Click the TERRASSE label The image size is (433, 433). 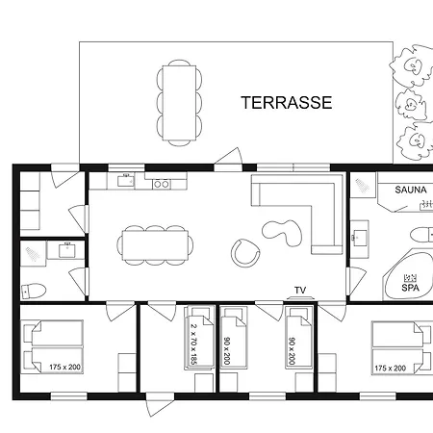tap(287, 103)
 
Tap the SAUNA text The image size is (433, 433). tap(411, 190)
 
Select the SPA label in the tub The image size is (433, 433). tap(410, 288)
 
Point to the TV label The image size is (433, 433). tap(300, 291)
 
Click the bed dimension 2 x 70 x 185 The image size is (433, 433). tap(193, 344)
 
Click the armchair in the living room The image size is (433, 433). tap(245, 253)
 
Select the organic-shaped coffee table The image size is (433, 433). tap(282, 233)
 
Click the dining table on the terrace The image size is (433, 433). tap(179, 103)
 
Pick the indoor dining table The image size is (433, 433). tap(155, 245)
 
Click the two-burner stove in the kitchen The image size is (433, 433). tap(162, 184)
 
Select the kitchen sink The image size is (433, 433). tap(126, 181)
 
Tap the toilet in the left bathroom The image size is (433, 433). tap(34, 291)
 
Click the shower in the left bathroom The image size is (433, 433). tap(33, 254)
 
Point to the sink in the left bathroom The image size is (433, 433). tap(67, 250)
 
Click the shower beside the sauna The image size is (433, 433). tap(363, 185)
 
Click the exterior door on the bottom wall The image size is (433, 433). tap(160, 404)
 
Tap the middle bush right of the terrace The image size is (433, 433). tap(411, 105)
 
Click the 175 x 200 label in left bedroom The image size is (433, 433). tap(64, 367)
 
